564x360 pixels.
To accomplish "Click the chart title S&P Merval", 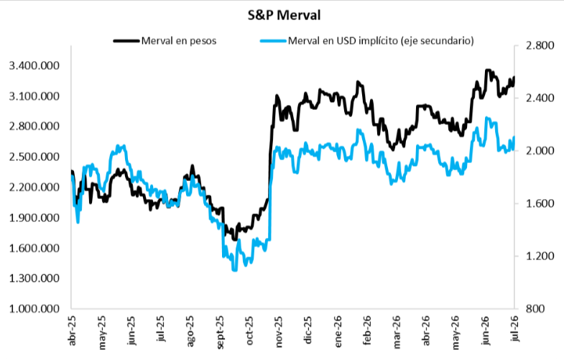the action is (x=285, y=16).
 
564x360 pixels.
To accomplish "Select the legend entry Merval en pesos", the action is (x=179, y=41).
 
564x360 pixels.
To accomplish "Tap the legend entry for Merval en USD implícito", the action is (x=381, y=41).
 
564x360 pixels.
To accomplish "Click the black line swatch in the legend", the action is (x=126, y=41).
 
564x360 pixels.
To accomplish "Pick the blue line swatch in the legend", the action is (x=273, y=41).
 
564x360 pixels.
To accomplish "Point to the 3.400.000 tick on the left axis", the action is (x=34, y=66).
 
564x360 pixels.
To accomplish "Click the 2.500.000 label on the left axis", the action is (x=34, y=157).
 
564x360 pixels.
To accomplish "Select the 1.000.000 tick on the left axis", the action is (x=34, y=308).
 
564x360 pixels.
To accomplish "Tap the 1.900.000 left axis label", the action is (x=34, y=218).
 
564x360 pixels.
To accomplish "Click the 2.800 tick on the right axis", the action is (x=540, y=46).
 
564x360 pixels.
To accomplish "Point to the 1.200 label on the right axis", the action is (x=540, y=256).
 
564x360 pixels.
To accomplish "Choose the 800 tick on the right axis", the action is (x=535, y=308).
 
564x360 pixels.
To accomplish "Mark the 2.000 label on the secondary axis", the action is (x=540, y=151).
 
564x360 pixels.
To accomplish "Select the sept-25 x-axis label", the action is (x=220, y=332).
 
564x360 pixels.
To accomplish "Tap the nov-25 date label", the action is (x=278, y=331).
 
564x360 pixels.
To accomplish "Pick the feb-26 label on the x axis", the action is (x=367, y=331).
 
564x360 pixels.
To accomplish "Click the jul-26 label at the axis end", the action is (x=514, y=328).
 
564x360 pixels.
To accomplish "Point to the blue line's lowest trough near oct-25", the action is (x=235, y=269).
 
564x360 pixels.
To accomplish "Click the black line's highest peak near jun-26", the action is (x=488, y=70).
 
